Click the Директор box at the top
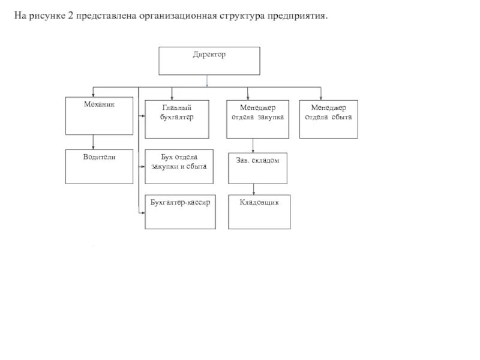pyautogui.click(x=209, y=61)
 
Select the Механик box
pyautogui.click(x=99, y=117)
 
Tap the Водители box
pyautogui.click(x=99, y=167)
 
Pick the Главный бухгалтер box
pyautogui.click(x=177, y=119)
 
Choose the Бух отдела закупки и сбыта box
pyautogui.click(x=179, y=166)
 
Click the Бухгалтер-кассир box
pyautogui.click(x=180, y=212)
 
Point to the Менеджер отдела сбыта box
pyautogui.click(x=328, y=119)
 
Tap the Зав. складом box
pyautogui.click(x=257, y=168)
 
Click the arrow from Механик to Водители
pyautogui.click(x=94, y=142)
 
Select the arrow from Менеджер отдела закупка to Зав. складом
pyautogui.click(x=253, y=146)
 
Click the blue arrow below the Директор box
pyautogui.click(x=207, y=80)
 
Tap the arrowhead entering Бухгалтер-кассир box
pyautogui.click(x=142, y=212)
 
